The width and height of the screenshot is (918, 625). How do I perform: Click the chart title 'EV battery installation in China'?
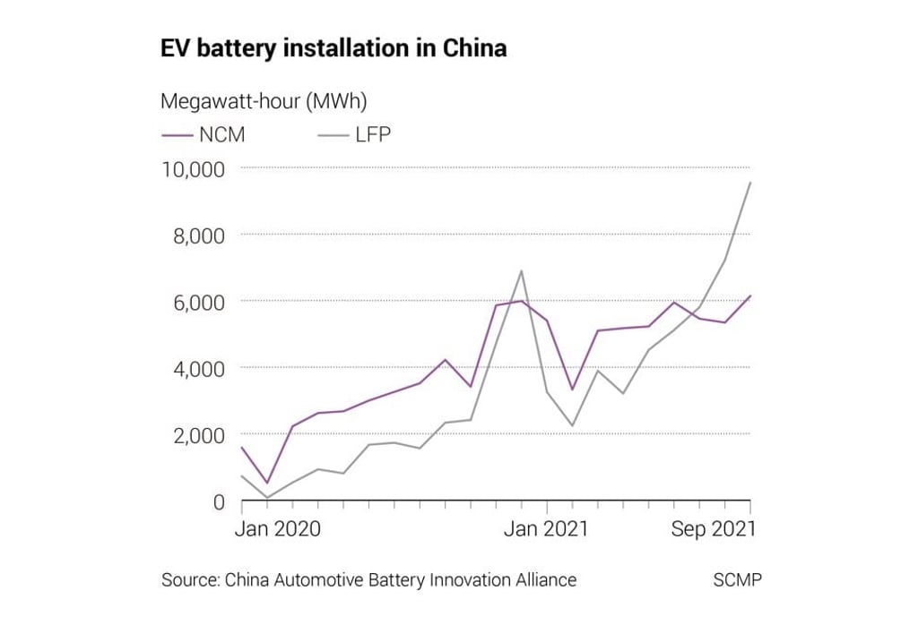click(333, 48)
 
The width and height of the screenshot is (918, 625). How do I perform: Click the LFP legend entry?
click(355, 135)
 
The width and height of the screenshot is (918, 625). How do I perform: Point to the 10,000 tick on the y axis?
click(193, 168)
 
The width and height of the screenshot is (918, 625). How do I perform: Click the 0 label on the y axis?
click(219, 501)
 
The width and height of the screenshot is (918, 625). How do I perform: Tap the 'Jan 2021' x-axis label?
click(547, 529)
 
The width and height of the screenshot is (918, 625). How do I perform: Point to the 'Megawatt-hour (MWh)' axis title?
click(264, 101)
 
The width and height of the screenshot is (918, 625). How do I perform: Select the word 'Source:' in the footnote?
click(189, 580)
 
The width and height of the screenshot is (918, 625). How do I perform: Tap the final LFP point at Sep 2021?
click(750, 183)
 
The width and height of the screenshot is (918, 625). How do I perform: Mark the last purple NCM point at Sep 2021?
click(750, 295)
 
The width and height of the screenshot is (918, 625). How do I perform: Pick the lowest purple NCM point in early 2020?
click(267, 484)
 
